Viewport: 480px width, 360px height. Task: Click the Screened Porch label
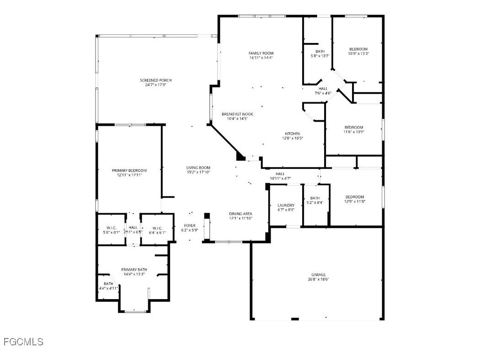click(155, 81)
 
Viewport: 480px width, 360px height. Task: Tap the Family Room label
click(261, 54)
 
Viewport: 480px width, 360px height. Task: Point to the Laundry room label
click(286, 205)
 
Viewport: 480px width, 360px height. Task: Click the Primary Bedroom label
click(129, 170)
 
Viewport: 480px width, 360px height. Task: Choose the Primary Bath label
click(133, 270)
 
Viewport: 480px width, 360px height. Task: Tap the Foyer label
click(190, 226)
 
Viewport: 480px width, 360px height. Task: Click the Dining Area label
click(240, 214)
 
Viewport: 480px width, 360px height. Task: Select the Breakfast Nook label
click(237, 114)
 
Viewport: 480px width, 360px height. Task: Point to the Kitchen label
click(293, 134)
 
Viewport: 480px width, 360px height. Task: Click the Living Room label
click(198, 167)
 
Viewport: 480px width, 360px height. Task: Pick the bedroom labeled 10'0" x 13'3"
click(358, 49)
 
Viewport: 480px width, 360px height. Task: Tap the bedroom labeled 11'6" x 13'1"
click(354, 127)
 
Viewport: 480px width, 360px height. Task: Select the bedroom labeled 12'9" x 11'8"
click(355, 197)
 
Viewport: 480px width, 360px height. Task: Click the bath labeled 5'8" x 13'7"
click(320, 51)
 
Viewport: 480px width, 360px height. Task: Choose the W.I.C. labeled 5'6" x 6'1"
click(112, 227)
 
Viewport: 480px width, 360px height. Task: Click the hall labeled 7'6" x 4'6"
click(323, 89)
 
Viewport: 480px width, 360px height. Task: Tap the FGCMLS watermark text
click(23, 342)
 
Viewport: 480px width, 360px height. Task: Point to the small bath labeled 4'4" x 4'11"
click(108, 284)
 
